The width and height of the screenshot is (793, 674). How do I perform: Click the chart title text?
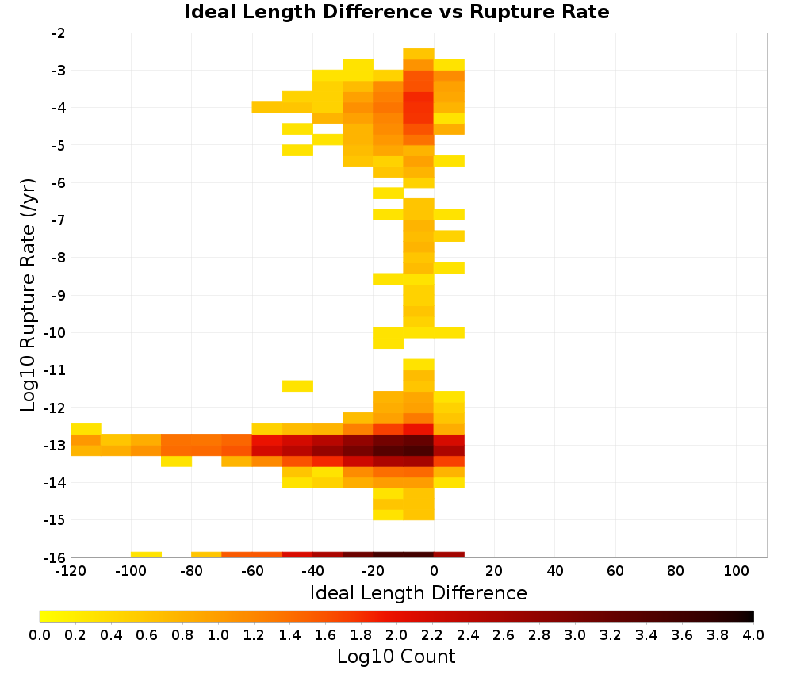coord(396,12)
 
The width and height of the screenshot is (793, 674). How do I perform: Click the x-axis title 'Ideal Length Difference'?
coord(418,592)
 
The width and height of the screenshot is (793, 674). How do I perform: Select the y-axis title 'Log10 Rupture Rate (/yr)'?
coord(29,295)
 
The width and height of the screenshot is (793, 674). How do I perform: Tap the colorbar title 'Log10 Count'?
coord(396,657)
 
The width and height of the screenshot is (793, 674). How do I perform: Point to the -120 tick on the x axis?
coord(71,571)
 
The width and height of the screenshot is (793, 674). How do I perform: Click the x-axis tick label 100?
coord(736,571)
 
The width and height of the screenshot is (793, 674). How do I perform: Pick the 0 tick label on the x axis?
coord(434,571)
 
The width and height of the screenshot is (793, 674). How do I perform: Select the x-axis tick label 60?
coord(615,571)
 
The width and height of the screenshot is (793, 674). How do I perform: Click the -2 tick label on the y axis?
coord(58,33)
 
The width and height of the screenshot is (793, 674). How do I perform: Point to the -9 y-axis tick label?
coord(58,295)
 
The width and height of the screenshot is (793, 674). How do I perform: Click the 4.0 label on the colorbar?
coord(753,634)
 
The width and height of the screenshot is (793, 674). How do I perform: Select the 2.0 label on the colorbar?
coord(396,634)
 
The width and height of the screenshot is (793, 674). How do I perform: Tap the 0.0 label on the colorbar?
coord(40,634)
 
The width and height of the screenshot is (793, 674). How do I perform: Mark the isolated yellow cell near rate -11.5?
coord(297,386)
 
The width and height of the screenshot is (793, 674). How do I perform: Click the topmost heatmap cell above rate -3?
coord(419,54)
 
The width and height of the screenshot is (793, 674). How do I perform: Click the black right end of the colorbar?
coord(752,616)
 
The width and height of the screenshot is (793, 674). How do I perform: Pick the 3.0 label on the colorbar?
coord(574,634)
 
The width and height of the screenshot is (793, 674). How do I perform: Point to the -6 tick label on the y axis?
coord(58,183)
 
